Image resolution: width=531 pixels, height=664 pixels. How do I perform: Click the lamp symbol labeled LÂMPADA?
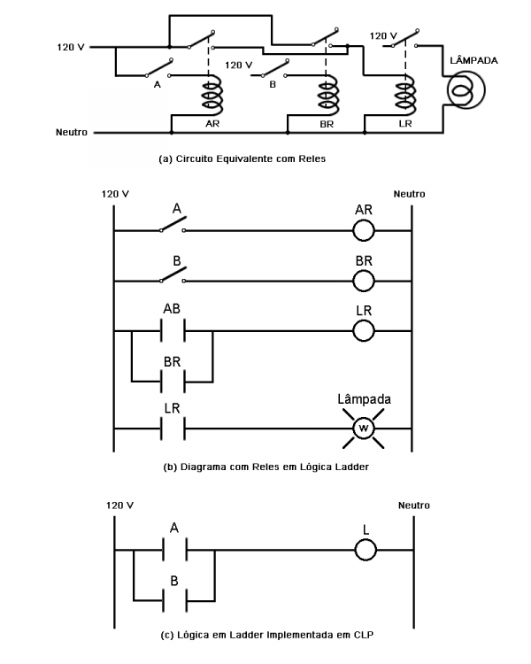pyautogui.click(x=466, y=89)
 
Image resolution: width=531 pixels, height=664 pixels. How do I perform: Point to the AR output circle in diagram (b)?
pyautogui.click(x=365, y=232)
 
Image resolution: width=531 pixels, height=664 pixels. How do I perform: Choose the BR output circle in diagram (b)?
pyautogui.click(x=365, y=282)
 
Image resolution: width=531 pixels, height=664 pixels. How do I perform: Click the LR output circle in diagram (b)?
pyautogui.click(x=365, y=331)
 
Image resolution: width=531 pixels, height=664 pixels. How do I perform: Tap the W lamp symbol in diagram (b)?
pyautogui.click(x=364, y=429)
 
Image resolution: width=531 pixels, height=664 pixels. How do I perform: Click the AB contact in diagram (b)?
pyautogui.click(x=173, y=331)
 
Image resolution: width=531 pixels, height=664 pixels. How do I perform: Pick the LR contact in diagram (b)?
pyautogui.click(x=173, y=429)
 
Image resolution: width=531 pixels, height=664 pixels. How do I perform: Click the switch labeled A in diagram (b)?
pyautogui.click(x=173, y=228)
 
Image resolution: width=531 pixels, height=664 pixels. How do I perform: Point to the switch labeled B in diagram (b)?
pyautogui.click(x=173, y=278)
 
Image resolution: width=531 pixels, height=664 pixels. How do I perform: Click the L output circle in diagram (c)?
pyautogui.click(x=365, y=550)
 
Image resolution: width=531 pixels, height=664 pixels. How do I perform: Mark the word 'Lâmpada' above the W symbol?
pyautogui.click(x=364, y=398)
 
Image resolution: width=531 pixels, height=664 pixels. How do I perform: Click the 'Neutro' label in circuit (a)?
pyautogui.click(x=71, y=134)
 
